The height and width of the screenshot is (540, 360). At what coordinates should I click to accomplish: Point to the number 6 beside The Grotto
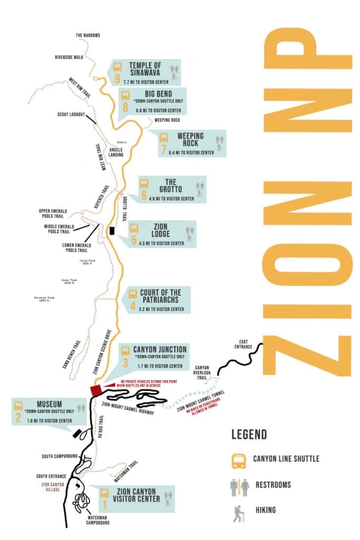[144, 195]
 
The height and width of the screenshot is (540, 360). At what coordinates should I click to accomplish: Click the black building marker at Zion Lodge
[111, 230]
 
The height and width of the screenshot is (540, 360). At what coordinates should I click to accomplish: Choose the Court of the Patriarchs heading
[160, 296]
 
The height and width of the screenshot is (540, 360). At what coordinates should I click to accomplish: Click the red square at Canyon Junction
[96, 390]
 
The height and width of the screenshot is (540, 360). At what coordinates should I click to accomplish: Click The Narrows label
[87, 35]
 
